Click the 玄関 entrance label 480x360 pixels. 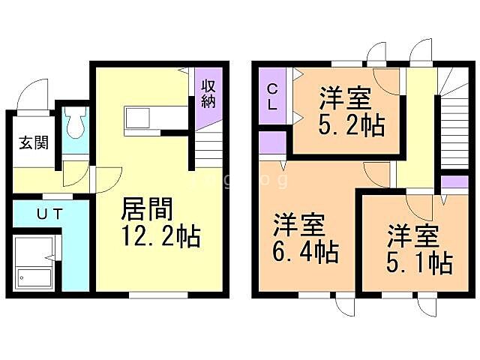[x=30, y=141]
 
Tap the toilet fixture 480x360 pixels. [x=75, y=124]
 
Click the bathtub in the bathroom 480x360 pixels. [x=34, y=266]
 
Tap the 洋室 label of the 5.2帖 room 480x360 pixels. [x=345, y=98]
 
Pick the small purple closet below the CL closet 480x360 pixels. [x=271, y=142]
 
